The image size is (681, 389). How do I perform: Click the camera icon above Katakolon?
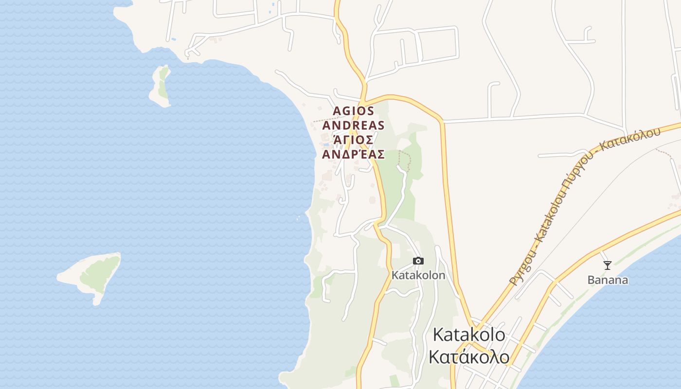pos(418,261)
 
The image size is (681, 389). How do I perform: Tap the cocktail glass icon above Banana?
pos(607,265)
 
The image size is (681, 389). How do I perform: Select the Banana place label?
pos(608,280)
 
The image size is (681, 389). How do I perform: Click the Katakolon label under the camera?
pos(418,275)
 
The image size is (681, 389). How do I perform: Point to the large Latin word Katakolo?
pos(469,335)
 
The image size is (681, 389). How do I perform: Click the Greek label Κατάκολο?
pos(469,357)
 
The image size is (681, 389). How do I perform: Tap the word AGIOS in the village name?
pos(353,111)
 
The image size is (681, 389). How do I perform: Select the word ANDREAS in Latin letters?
pos(353,125)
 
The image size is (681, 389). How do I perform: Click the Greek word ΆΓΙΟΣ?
pos(353,140)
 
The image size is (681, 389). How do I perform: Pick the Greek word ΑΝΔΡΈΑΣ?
pos(353,155)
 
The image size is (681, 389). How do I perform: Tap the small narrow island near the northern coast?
pos(161,86)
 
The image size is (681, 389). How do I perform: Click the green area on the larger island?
pos(100,272)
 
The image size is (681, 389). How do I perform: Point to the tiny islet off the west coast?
pos(298,219)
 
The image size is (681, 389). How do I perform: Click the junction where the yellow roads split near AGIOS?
pos(364,95)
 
